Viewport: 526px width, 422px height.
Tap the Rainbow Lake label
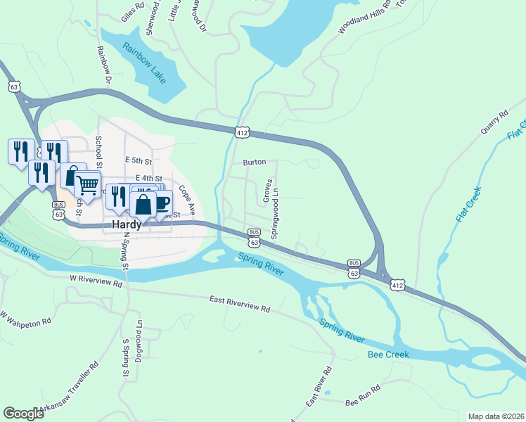(x=143, y=63)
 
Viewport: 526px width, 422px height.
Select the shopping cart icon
(x=87, y=186)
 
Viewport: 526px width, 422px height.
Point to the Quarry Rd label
(x=494, y=124)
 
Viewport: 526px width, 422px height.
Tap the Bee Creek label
(x=388, y=354)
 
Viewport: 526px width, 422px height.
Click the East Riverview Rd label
(x=240, y=304)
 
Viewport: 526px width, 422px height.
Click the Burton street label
(x=255, y=162)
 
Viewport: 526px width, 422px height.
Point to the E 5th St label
(x=138, y=161)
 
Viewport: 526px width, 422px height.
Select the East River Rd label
(x=319, y=388)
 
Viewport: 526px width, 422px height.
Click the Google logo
(x=23, y=414)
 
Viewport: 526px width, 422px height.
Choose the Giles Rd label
(x=132, y=7)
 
